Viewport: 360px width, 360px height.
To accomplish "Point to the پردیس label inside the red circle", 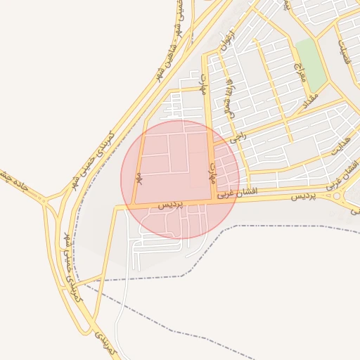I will point(169,204).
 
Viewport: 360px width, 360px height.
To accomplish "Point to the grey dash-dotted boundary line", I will point(281,226).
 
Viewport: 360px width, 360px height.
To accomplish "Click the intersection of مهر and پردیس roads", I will point(136,206).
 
